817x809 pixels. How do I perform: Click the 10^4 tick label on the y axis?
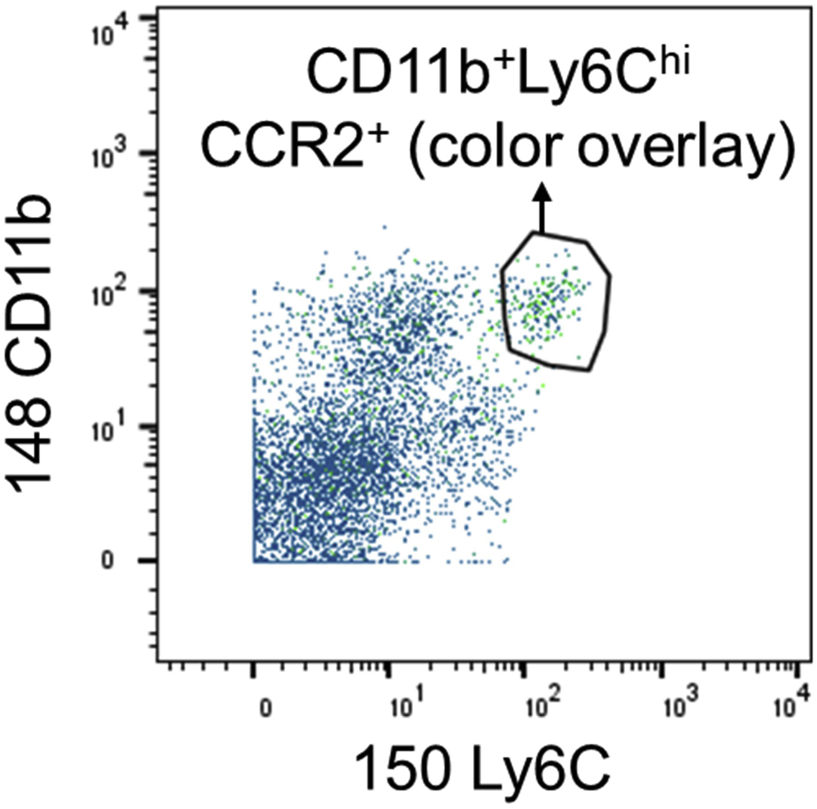tap(110, 30)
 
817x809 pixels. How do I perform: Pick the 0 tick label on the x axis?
tap(265, 710)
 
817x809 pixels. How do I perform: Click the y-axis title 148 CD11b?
tap(31, 344)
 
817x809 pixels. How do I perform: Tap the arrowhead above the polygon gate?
tap(542, 192)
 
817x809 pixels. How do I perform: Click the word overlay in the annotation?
tap(685, 146)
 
